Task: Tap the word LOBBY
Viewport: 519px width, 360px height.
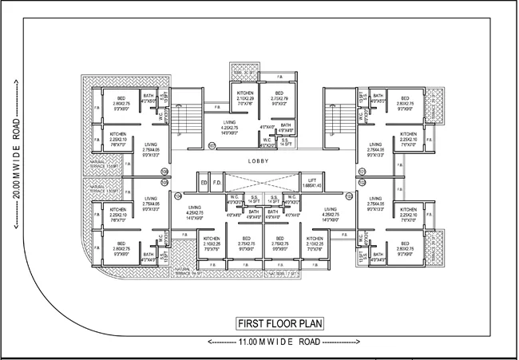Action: [x=259, y=161]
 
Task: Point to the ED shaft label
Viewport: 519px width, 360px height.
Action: [x=204, y=183]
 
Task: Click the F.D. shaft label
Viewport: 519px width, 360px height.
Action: [x=216, y=183]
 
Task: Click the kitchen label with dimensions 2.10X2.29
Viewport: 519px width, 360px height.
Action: [x=245, y=98]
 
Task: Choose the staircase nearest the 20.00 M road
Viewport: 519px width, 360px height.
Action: [x=188, y=124]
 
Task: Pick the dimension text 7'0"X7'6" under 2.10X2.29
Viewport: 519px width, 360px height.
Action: [x=245, y=104]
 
